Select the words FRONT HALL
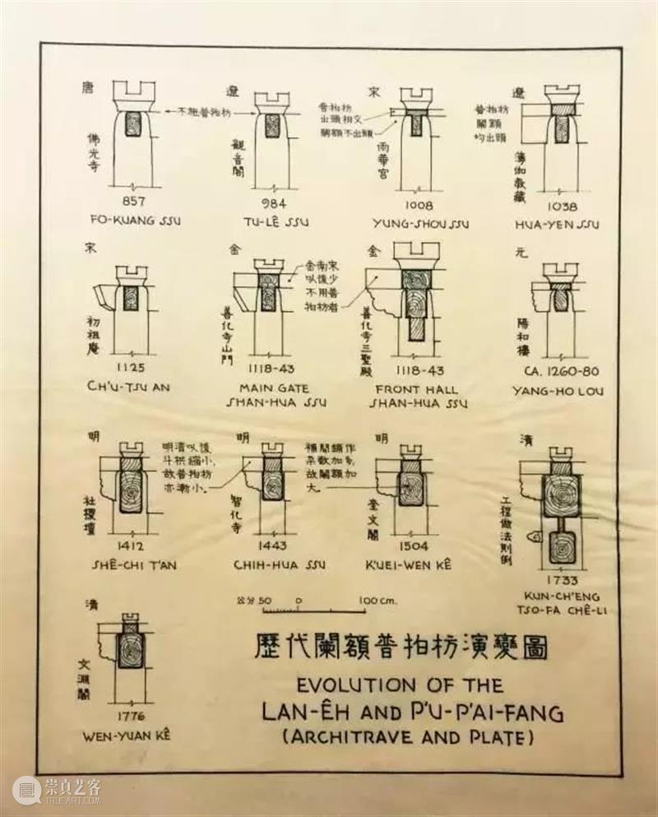418,388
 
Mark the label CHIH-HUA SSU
280,564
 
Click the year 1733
561,580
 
